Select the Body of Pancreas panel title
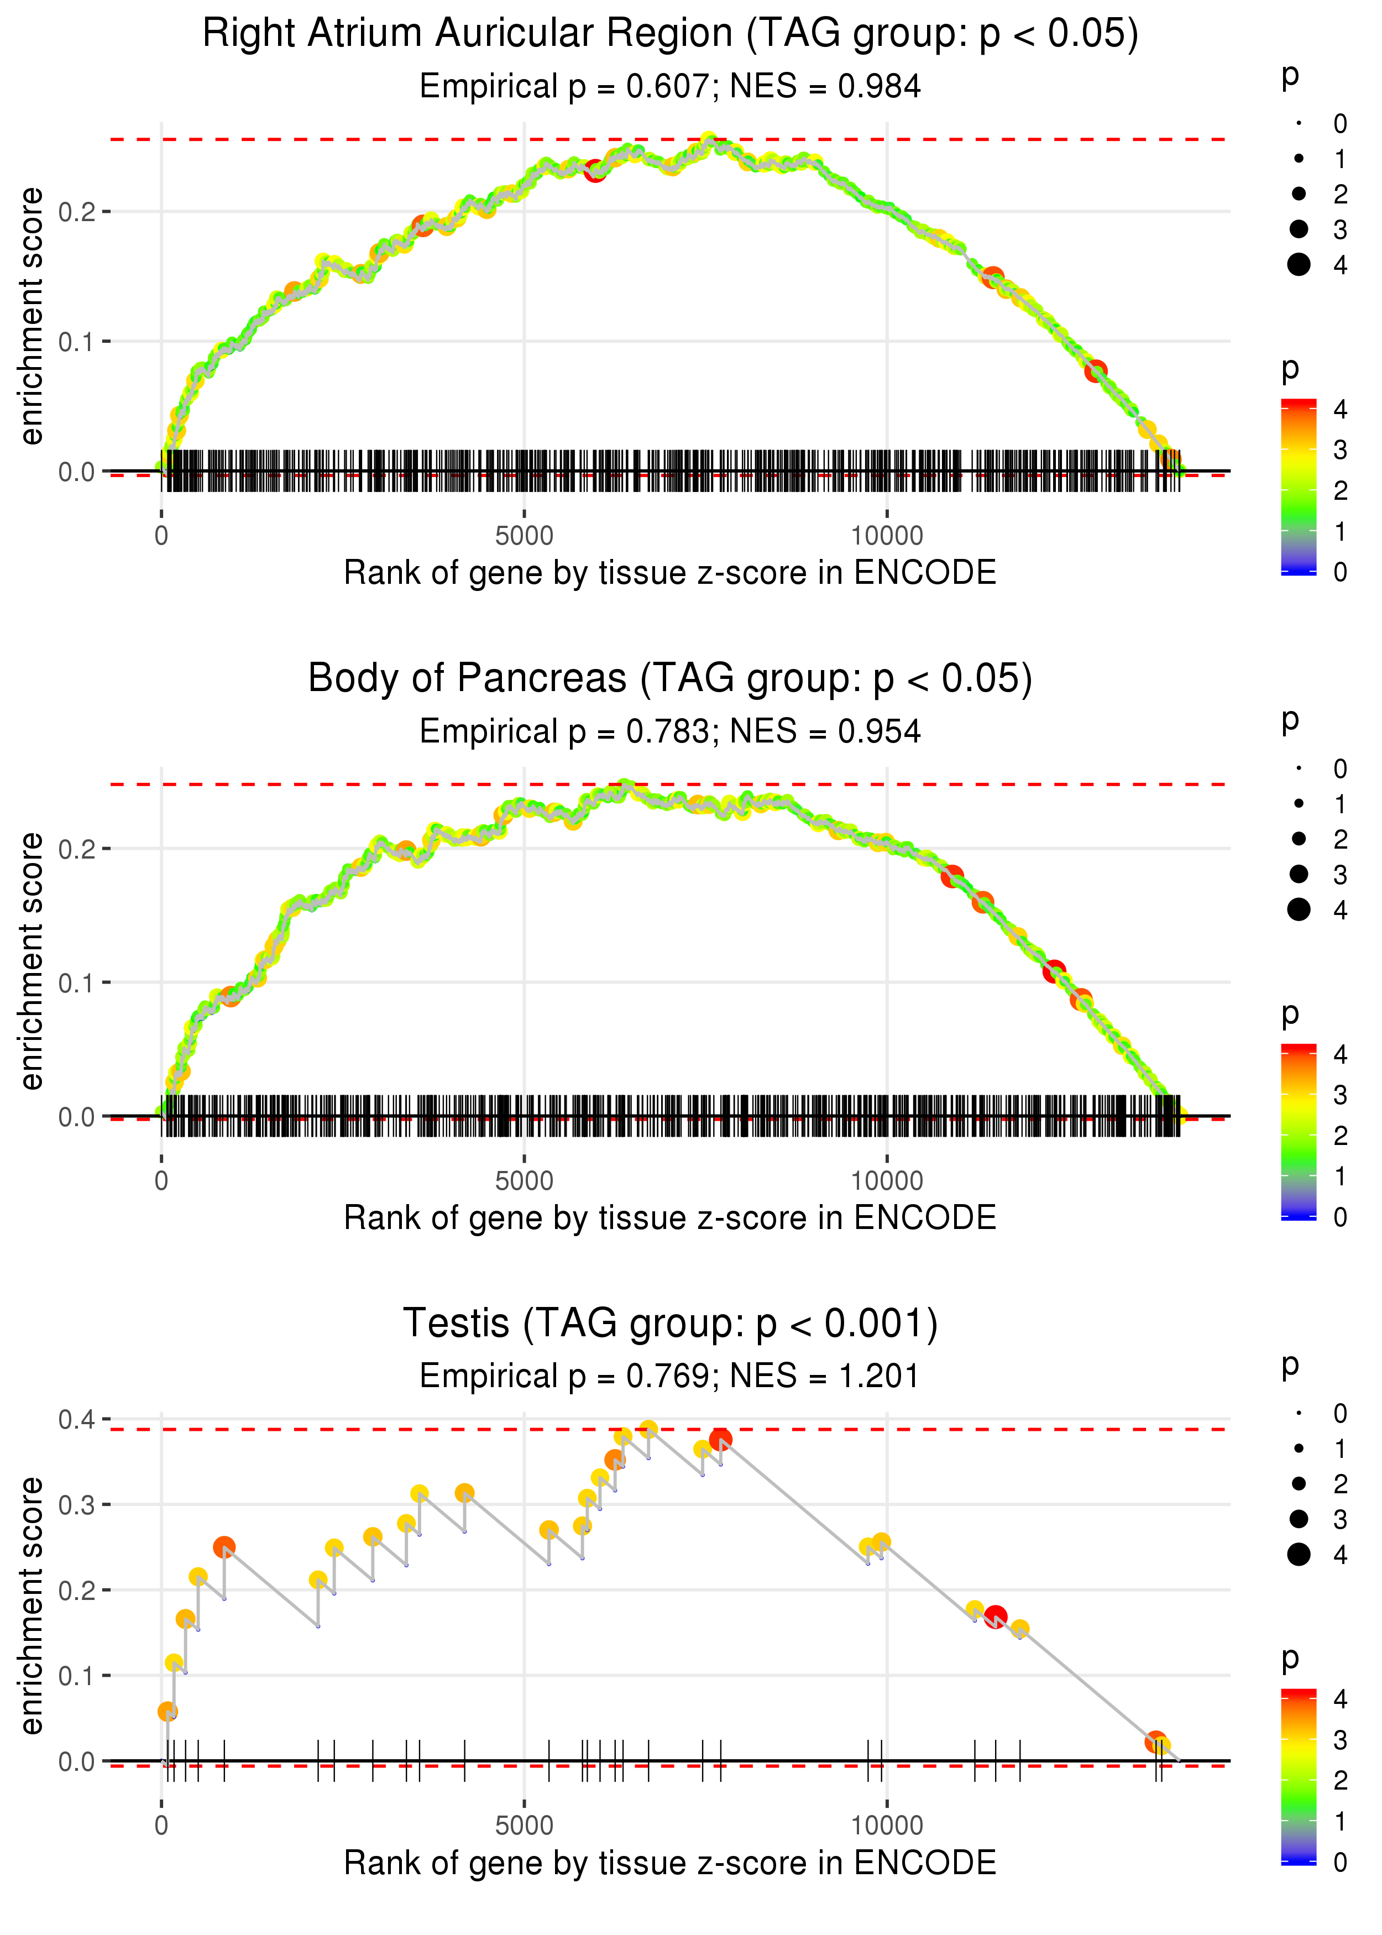tap(670, 679)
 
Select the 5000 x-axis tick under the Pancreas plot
tap(524, 1181)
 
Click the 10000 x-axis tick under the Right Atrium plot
tap(887, 536)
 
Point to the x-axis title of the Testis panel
tap(670, 1863)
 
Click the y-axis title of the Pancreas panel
tap(32, 961)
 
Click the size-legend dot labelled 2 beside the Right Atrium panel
tap(1299, 194)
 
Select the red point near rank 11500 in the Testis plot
tap(996, 1617)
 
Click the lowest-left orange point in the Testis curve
tap(167, 1711)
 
